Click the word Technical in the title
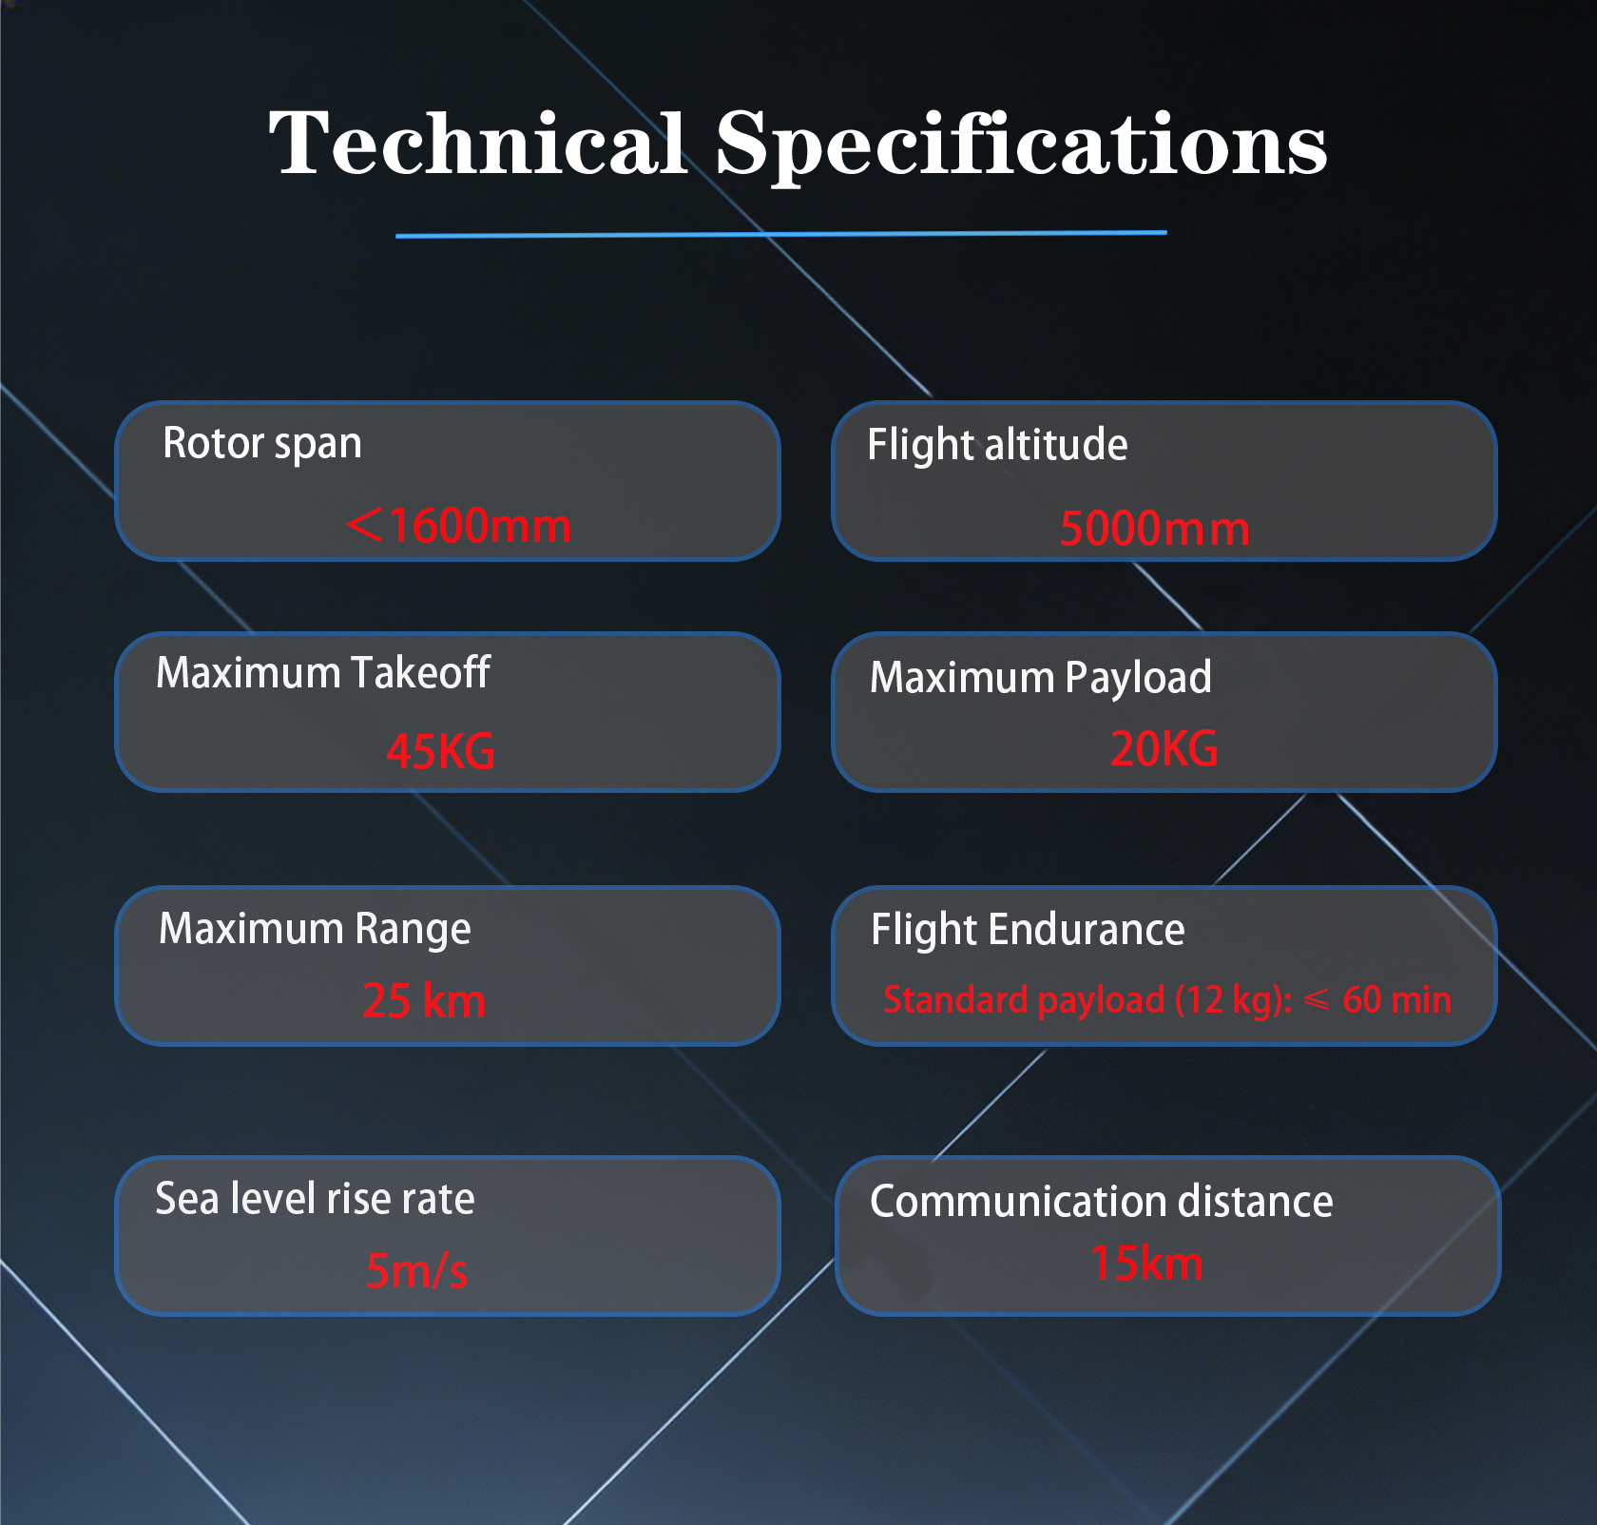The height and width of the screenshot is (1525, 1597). click(477, 143)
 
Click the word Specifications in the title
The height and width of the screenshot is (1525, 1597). click(1021, 145)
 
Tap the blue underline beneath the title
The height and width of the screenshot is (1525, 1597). click(780, 233)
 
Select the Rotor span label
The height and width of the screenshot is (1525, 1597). click(262, 444)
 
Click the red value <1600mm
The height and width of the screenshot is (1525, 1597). click(459, 526)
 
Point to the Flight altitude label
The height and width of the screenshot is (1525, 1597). click(997, 446)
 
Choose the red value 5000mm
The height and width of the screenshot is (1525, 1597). click(1155, 529)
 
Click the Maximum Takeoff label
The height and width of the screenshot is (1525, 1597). click(323, 672)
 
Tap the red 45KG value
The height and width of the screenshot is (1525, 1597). click(440, 751)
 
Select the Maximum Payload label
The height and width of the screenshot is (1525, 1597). click(1041, 678)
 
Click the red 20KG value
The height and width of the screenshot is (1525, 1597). click(1164, 748)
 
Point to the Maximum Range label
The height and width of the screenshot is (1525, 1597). click(315, 929)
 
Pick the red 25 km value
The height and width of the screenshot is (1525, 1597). click(424, 1000)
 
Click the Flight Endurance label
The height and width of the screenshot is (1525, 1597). click(1028, 930)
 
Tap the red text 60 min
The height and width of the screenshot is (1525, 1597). click(1396, 1000)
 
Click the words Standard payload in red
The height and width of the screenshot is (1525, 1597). click(1024, 1000)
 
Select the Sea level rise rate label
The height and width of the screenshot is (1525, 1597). click(315, 1199)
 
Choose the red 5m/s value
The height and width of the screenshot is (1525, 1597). click(417, 1270)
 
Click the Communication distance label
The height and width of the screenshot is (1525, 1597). click(1102, 1202)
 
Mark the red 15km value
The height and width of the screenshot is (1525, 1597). click(1147, 1264)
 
